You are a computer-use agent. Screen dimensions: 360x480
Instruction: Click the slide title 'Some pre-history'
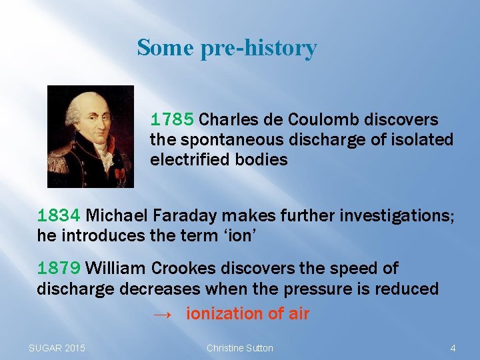227,48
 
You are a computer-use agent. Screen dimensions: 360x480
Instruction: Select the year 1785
172,120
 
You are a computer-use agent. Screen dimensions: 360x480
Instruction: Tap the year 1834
59,216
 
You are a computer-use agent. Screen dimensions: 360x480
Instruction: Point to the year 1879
59,269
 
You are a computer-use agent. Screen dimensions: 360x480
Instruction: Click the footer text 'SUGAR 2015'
57,348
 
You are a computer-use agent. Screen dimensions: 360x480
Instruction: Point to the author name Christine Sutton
239,348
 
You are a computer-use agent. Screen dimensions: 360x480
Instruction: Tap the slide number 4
453,348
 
